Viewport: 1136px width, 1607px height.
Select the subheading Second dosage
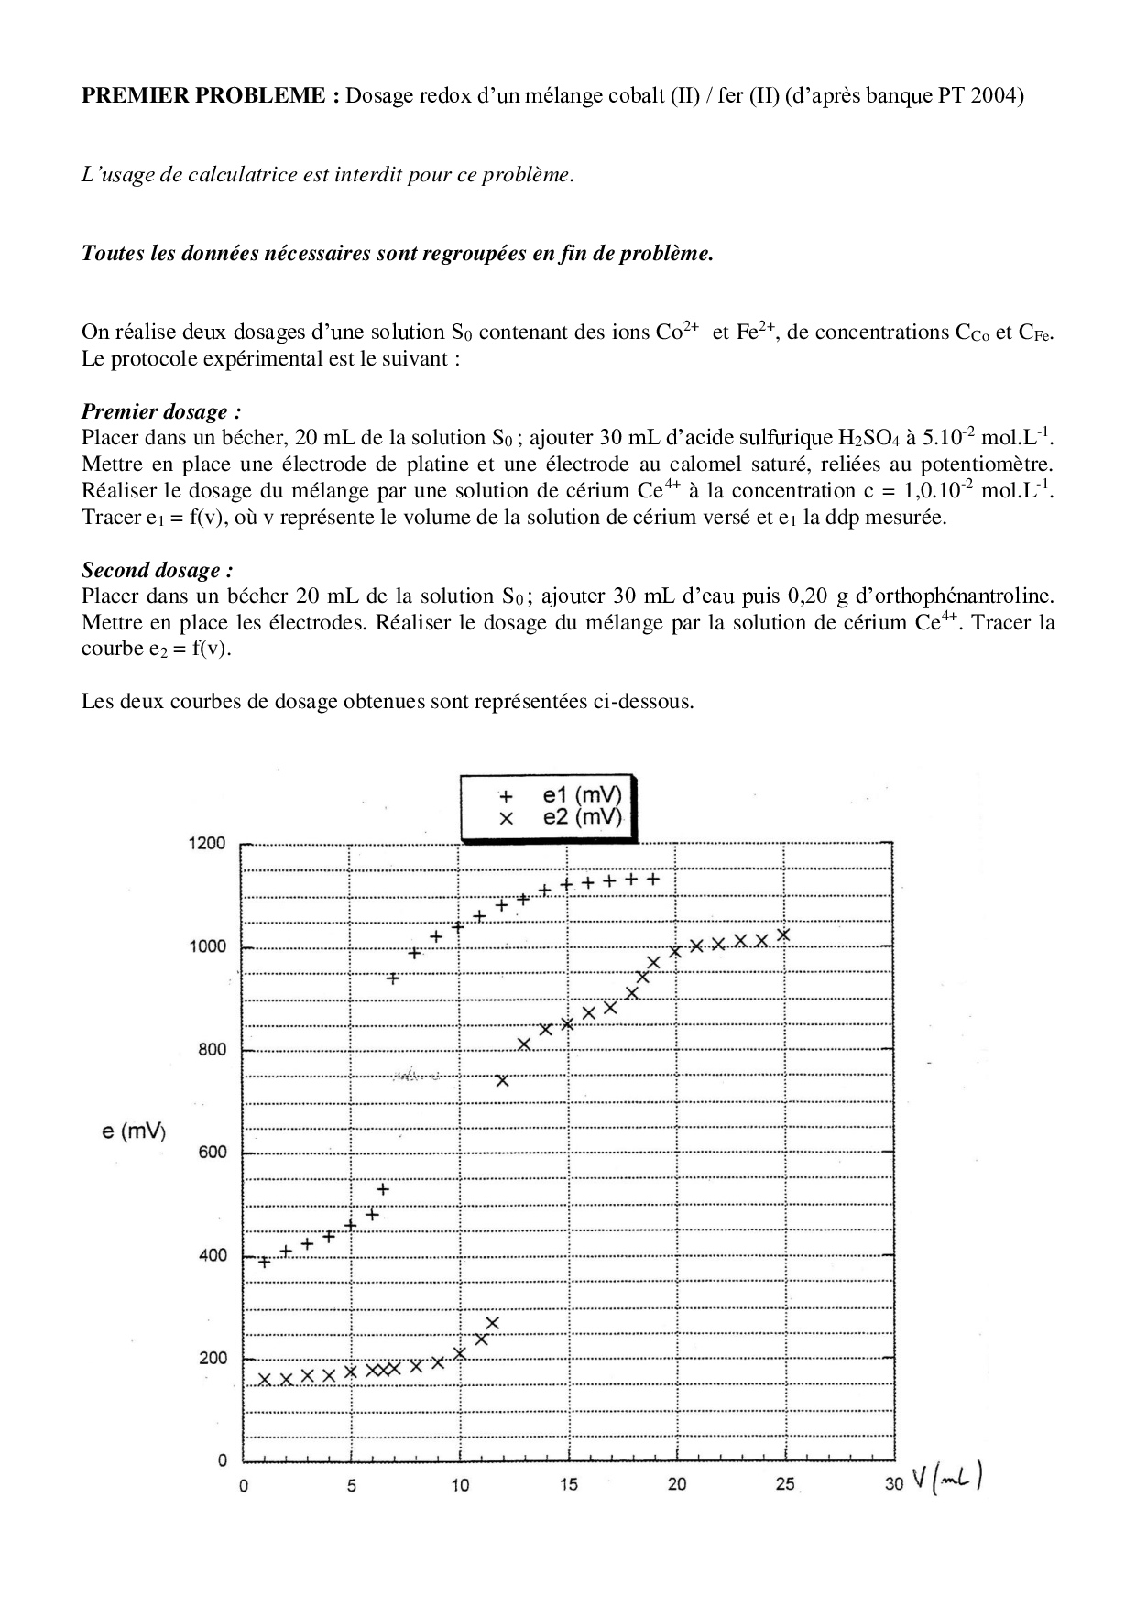coord(151,570)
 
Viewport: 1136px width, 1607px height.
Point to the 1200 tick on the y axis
coord(208,844)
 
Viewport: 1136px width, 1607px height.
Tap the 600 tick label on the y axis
coord(212,1153)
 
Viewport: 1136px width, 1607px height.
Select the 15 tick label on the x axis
coord(569,1485)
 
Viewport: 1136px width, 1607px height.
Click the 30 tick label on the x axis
coord(894,1485)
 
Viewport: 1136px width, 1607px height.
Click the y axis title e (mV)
coord(134,1132)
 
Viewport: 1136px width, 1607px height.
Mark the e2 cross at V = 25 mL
coord(784,935)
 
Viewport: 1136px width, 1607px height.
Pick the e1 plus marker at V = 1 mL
coord(265,1263)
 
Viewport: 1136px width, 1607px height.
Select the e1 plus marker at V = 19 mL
coord(653,879)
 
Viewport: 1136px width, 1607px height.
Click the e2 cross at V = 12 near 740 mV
coord(502,1081)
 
